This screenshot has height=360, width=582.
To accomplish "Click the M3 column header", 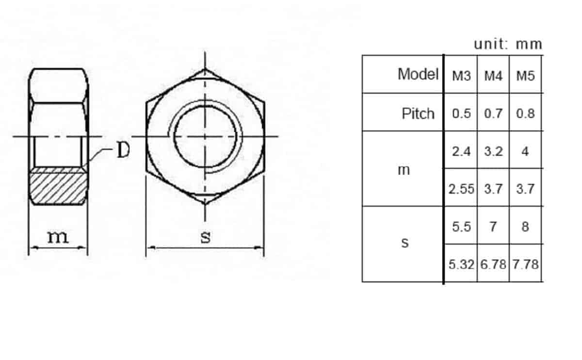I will (x=461, y=76).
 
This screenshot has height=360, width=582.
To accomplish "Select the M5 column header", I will (x=525, y=76).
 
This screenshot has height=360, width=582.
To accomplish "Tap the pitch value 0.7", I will (x=493, y=114).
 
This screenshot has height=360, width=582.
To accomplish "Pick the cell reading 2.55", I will (x=461, y=189).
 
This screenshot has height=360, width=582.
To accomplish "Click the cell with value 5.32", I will (x=461, y=264).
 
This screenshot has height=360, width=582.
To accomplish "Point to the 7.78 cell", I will (x=526, y=264).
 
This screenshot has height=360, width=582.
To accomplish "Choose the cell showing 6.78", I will (x=493, y=264).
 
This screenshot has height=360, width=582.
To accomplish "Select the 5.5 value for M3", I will (x=461, y=227).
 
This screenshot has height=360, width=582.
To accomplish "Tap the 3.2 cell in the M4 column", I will (x=493, y=151).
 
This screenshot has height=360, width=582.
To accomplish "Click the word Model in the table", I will (x=418, y=74).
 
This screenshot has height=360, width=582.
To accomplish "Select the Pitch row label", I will (x=418, y=114).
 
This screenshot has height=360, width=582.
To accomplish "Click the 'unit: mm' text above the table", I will (x=508, y=44).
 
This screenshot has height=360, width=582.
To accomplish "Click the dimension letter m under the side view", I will (x=58, y=237).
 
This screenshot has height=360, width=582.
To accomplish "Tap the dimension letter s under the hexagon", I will (x=206, y=237).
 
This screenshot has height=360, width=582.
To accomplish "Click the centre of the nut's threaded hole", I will (x=205, y=136).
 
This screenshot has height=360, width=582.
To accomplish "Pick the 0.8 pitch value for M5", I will (x=525, y=114).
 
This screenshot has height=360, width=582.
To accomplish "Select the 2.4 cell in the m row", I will (x=461, y=151).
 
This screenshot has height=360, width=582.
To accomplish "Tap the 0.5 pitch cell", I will (x=461, y=114).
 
